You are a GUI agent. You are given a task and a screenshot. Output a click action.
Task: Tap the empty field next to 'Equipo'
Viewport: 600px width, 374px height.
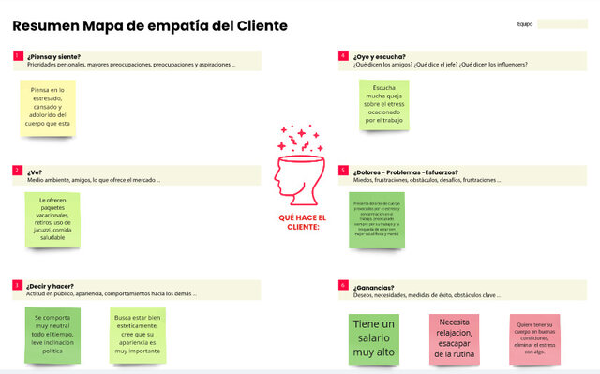(x=562, y=24)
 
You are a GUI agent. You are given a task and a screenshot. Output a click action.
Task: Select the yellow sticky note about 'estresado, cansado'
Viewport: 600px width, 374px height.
(x=51, y=106)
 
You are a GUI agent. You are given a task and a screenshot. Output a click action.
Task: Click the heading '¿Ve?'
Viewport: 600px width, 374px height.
(x=35, y=172)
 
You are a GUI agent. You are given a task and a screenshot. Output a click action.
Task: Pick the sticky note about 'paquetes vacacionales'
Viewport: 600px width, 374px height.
(x=52, y=219)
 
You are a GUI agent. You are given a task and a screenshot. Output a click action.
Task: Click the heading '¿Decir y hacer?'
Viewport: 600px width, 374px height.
(x=51, y=285)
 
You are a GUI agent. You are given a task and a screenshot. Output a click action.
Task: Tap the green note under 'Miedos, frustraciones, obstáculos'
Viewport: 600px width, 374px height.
(x=376, y=219)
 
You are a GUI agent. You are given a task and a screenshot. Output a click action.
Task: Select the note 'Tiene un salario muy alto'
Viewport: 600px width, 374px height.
(x=374, y=338)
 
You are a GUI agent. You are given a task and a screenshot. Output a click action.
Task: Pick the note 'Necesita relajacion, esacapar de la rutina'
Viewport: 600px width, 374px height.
(x=454, y=337)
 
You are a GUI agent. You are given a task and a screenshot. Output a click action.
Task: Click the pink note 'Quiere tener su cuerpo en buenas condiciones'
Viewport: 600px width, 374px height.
(x=534, y=337)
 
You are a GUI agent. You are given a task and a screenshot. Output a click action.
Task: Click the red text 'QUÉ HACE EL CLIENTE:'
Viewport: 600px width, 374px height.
(x=299, y=221)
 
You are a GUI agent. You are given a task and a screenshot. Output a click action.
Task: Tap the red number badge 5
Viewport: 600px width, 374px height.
(x=343, y=171)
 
